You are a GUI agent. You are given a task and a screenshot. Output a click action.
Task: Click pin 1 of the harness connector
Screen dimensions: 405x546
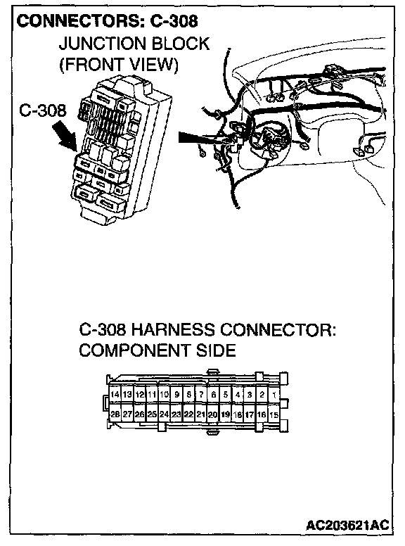[x=274, y=395]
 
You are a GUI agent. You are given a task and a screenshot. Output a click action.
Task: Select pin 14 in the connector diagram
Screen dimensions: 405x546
[x=115, y=395]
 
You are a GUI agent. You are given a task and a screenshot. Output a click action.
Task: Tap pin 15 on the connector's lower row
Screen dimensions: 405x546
[x=274, y=414]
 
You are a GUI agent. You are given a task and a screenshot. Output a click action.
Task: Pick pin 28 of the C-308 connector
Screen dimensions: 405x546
[x=115, y=414]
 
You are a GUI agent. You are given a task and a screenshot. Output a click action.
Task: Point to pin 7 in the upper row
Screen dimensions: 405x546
[x=201, y=395]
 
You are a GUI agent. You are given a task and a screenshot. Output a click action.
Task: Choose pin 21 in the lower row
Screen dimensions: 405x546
[x=201, y=414]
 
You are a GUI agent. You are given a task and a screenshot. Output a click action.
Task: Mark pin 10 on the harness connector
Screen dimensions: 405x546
[x=164, y=395]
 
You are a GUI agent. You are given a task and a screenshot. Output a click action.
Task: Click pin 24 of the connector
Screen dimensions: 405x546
[x=164, y=414]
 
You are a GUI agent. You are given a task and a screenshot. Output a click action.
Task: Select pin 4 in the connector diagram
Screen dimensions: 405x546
[x=238, y=395]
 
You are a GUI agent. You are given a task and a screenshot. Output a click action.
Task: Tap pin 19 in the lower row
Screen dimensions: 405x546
[x=226, y=414]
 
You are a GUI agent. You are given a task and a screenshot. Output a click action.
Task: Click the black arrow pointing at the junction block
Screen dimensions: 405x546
[x=65, y=136]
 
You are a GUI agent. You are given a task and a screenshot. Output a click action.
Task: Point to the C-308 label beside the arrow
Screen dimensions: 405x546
[x=42, y=110]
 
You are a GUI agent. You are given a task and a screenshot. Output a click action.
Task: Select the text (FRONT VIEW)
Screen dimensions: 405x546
[x=119, y=65]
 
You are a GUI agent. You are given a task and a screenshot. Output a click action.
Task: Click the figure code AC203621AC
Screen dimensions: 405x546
[x=347, y=525]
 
